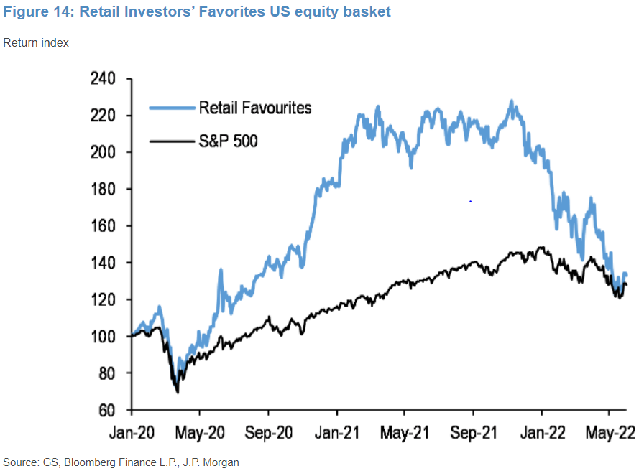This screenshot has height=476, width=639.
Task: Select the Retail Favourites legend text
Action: [x=255, y=108]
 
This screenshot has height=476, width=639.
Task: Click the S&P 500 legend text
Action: [x=228, y=141]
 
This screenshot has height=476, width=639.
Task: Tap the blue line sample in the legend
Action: [x=172, y=108]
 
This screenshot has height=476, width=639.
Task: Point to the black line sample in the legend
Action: [x=172, y=141]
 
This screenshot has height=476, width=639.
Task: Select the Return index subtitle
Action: [x=37, y=42]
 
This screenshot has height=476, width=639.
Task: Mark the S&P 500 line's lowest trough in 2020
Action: [x=177, y=392]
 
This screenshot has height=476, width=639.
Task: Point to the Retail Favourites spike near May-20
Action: [x=220, y=271]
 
